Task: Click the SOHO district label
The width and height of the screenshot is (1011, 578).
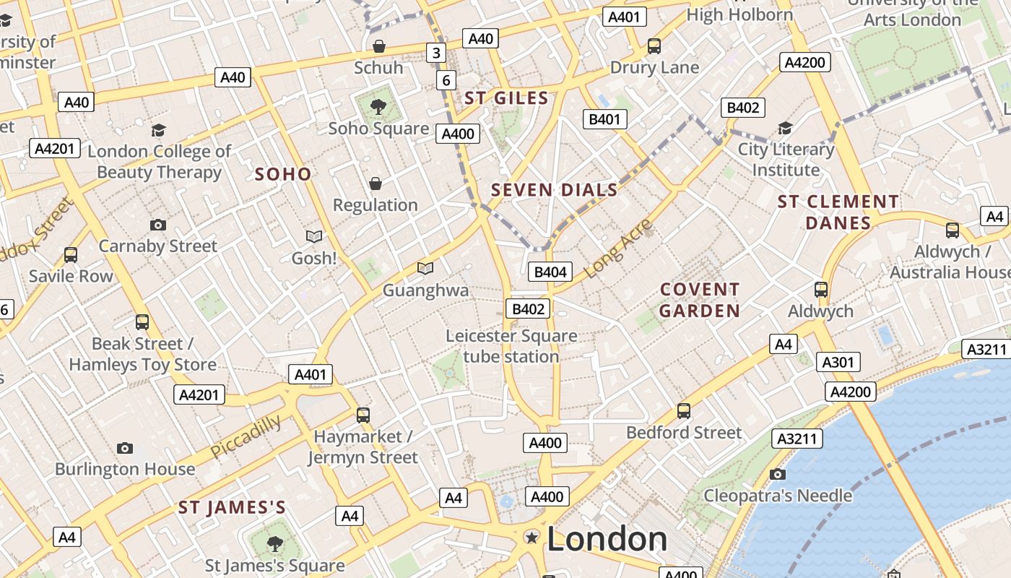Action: [283, 174]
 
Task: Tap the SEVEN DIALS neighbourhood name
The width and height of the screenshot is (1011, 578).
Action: [555, 190]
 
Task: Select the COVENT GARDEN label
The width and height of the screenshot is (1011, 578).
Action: [700, 300]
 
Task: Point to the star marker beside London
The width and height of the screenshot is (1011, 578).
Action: [532, 537]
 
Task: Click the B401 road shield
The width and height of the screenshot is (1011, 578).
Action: [604, 119]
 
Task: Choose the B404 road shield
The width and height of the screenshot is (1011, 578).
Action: [551, 272]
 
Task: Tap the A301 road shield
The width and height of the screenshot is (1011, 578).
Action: [838, 362]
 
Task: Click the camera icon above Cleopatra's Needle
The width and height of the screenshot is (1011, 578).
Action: [777, 474]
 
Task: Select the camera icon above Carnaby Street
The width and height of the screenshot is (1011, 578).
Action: [158, 225]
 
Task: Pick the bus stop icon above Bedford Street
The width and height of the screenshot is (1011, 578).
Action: [684, 411]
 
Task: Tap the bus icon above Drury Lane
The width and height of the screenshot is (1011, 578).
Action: [654, 46]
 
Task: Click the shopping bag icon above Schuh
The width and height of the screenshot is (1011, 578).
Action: [378, 46]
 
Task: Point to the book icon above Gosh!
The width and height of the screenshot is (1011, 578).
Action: [314, 236]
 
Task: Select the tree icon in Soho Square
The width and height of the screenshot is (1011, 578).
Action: [378, 108]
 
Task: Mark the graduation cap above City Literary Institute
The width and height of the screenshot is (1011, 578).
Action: [785, 129]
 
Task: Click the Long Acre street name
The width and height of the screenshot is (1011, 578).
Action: [617, 247]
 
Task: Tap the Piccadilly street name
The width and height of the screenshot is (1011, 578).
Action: [246, 436]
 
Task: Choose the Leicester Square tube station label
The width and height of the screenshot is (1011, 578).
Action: [511, 346]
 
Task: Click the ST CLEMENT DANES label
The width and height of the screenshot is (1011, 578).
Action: [838, 212]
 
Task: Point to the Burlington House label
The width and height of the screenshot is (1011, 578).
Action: [125, 469]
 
